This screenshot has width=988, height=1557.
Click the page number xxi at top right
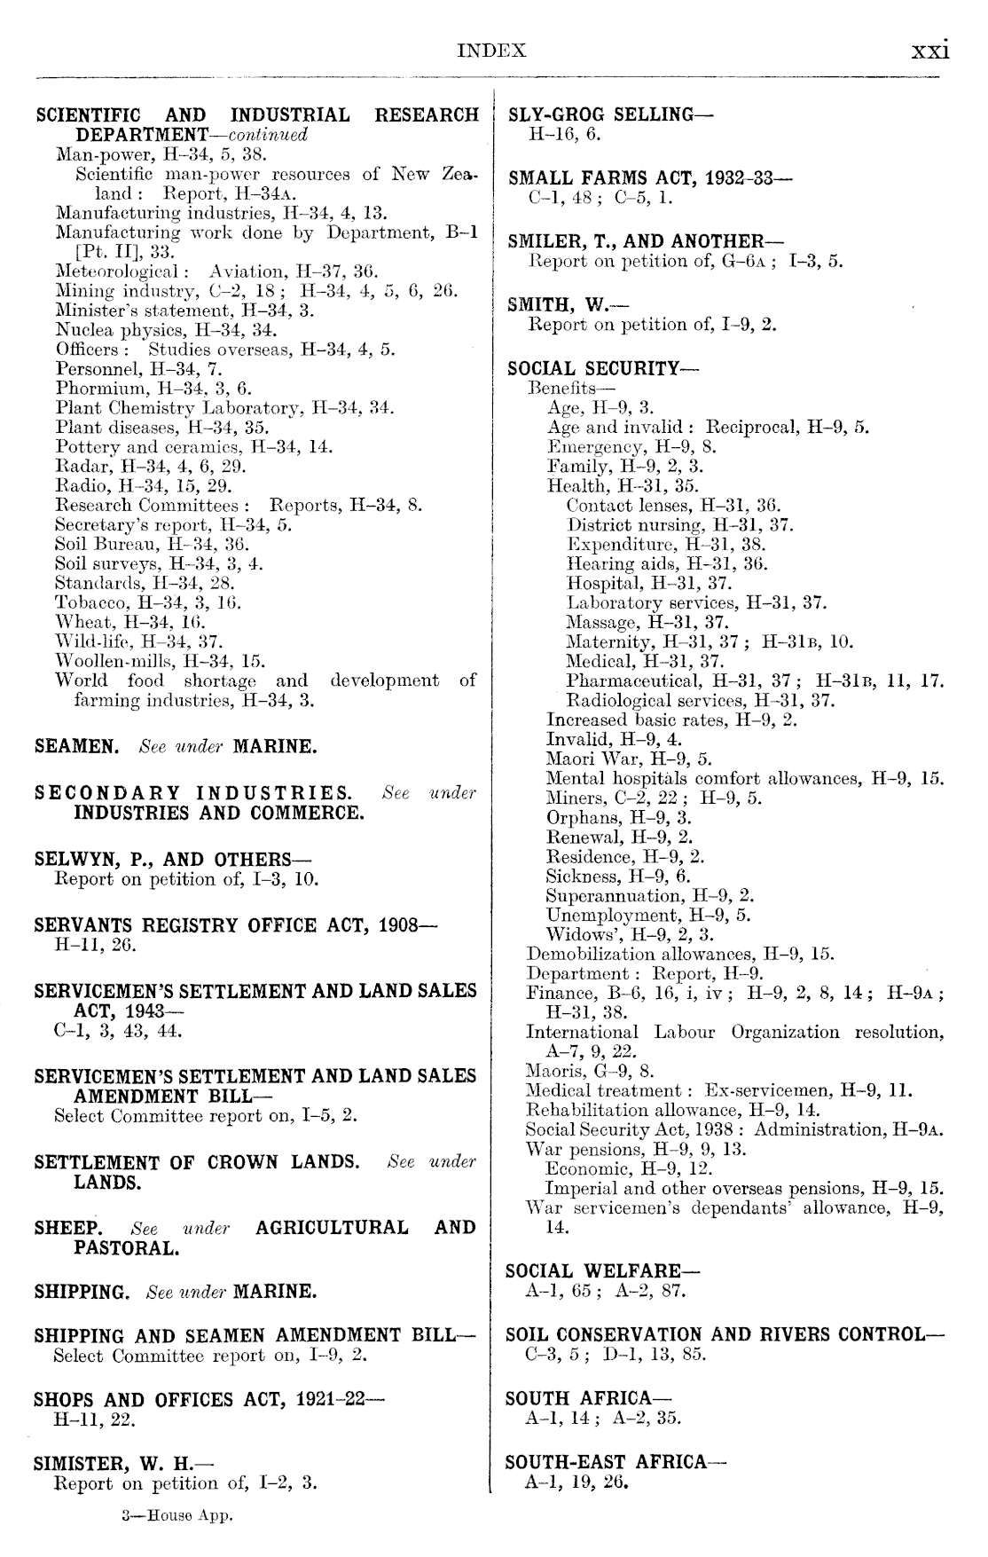pos(930,51)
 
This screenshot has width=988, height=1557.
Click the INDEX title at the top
pos(491,51)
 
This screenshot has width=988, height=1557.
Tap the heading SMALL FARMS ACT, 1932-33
pos(650,177)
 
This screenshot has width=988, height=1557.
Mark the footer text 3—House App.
pos(176,1516)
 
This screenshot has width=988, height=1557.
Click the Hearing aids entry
pos(667,563)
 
